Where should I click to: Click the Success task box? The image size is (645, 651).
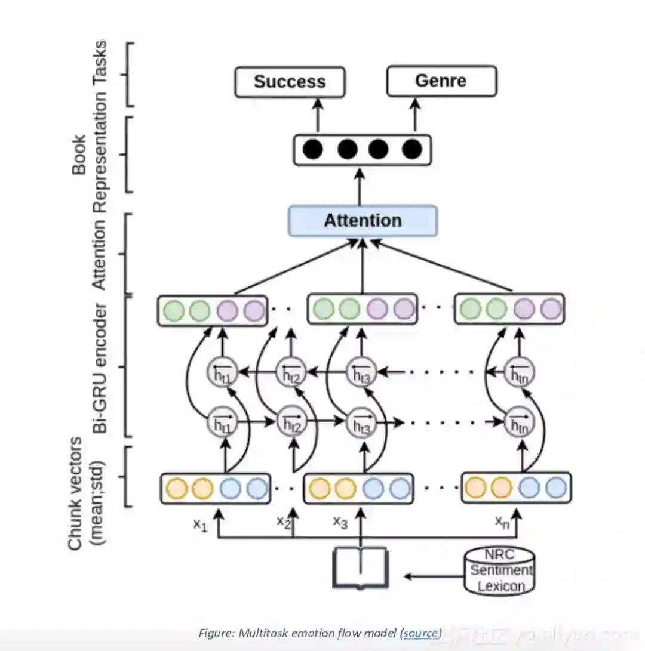pyautogui.click(x=290, y=82)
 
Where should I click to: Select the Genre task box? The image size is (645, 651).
pyautogui.click(x=441, y=81)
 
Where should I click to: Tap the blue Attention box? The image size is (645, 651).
pyautogui.click(x=363, y=221)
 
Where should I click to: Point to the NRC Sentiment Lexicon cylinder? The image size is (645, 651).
pyautogui.click(x=500, y=570)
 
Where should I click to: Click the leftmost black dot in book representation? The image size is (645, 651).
pyautogui.click(x=312, y=149)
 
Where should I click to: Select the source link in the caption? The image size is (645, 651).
pyautogui.click(x=421, y=633)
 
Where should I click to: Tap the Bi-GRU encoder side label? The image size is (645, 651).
pyautogui.click(x=100, y=367)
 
